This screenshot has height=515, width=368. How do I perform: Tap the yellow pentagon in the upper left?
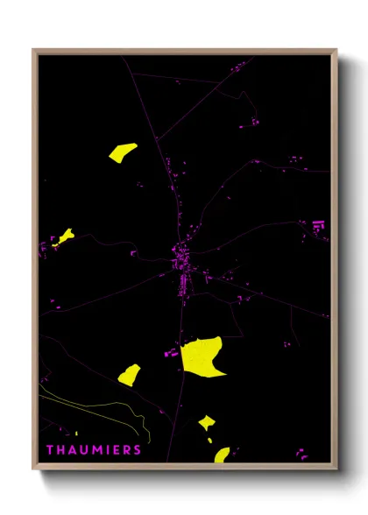pyautogui.click(x=123, y=152)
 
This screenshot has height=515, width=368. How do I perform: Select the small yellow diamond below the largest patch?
pyautogui.click(x=207, y=423)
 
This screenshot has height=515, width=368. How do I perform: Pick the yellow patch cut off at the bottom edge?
pyautogui.click(x=222, y=455)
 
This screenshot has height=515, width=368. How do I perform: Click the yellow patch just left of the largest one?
pyautogui.click(x=129, y=375)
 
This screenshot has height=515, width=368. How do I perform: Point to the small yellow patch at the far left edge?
pyautogui.click(x=64, y=236)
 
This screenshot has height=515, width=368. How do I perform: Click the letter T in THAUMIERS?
pyautogui.click(x=49, y=450)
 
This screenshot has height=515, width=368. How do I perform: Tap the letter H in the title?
pyautogui.click(x=60, y=450)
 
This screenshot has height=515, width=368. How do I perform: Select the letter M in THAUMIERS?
pyautogui.click(x=96, y=450)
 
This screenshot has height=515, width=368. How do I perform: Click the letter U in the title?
pyautogui.click(x=83, y=450)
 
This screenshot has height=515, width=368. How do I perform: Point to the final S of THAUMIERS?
pyautogui.click(x=137, y=450)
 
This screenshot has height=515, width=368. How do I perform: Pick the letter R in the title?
pyautogui.click(x=126, y=450)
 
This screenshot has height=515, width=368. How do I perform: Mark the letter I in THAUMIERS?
pyautogui.click(x=107, y=450)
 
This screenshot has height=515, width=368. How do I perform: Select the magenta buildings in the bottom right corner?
pyautogui.click(x=301, y=454)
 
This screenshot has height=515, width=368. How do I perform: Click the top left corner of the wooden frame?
pyautogui.click(x=34, y=50)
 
